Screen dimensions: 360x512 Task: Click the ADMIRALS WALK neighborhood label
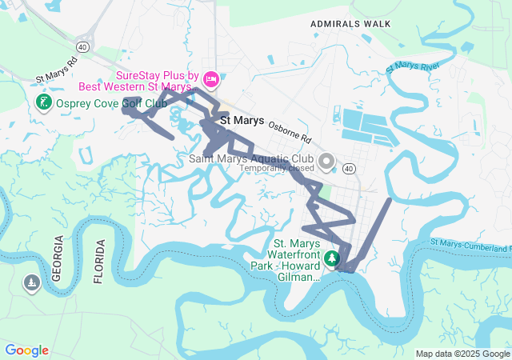(x=351, y=24)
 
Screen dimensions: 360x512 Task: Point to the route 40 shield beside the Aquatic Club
(x=349, y=169)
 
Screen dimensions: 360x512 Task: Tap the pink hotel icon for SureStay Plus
(x=211, y=78)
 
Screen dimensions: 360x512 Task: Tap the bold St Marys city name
(x=242, y=121)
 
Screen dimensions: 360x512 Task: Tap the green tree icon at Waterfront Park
(x=332, y=259)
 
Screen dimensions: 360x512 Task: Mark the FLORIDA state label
(x=99, y=262)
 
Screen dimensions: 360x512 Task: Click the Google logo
(x=27, y=350)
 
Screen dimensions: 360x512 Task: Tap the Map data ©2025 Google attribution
(x=462, y=354)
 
